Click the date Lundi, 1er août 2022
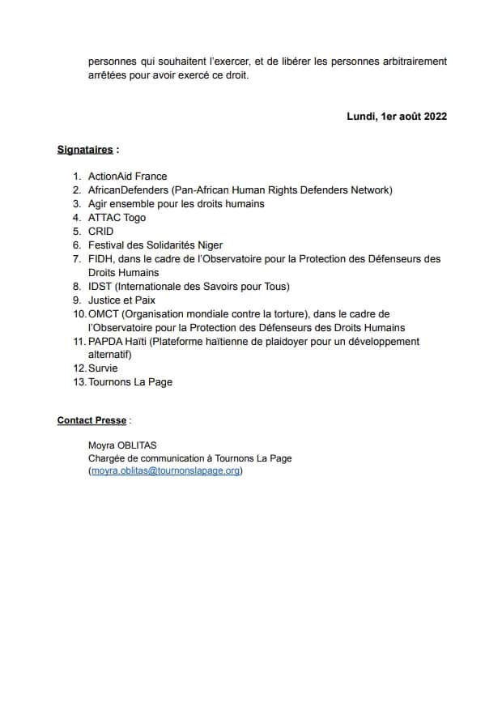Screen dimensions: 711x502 (x=397, y=116)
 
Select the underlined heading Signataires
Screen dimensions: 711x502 (x=85, y=150)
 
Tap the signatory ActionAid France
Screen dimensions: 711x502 (x=128, y=177)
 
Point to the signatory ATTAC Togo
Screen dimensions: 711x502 (x=117, y=218)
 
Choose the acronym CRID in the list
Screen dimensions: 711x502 (x=101, y=232)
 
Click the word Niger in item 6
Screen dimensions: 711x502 (x=210, y=245)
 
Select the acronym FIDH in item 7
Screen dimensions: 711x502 (x=101, y=259)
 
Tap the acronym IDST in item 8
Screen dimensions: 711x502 (x=100, y=287)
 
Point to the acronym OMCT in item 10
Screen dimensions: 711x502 (x=103, y=314)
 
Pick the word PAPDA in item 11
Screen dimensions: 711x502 (x=104, y=342)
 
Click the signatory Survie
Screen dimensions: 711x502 (x=103, y=368)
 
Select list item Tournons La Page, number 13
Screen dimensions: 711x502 (x=130, y=382)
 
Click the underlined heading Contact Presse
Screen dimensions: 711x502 (x=91, y=421)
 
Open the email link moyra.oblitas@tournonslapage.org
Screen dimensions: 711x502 (x=166, y=471)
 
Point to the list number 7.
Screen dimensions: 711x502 (x=77, y=259)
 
